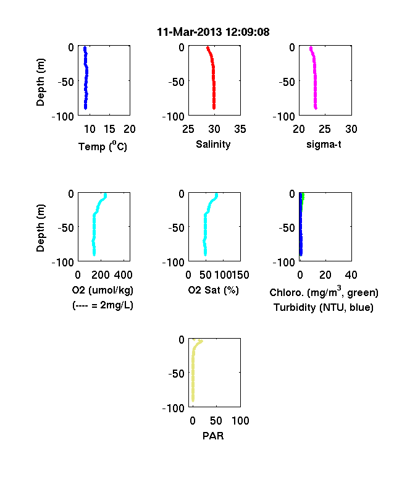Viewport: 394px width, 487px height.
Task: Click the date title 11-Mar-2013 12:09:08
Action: (x=213, y=32)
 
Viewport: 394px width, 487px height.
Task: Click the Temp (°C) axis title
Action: (x=103, y=146)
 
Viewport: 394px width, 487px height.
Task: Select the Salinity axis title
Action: (x=213, y=145)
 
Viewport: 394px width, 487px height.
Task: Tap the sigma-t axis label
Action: (x=324, y=145)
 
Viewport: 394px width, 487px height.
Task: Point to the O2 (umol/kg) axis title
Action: (x=103, y=290)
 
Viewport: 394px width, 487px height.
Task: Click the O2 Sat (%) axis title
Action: (x=214, y=290)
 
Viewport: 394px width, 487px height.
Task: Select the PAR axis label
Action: (x=213, y=436)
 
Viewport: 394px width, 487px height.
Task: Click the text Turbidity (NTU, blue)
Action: (x=324, y=308)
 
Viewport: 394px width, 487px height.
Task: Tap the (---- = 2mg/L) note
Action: (x=103, y=306)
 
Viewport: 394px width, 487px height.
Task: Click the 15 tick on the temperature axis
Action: (x=109, y=129)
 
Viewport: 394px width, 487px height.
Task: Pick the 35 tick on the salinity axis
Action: (x=240, y=129)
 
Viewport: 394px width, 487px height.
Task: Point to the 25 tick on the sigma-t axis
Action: (x=325, y=129)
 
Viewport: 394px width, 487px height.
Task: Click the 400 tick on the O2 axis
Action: (x=123, y=275)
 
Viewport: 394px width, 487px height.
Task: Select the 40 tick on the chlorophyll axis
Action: (x=351, y=275)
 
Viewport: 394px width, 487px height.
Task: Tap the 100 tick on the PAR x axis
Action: (x=240, y=421)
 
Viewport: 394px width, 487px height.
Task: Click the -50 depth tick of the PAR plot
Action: (x=176, y=373)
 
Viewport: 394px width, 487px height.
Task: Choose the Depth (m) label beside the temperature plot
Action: (x=40, y=82)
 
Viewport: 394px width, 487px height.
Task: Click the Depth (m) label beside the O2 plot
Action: (x=40, y=228)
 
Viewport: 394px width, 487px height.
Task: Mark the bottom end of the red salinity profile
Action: (x=214, y=108)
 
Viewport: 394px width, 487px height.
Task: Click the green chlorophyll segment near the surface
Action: (x=303, y=197)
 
